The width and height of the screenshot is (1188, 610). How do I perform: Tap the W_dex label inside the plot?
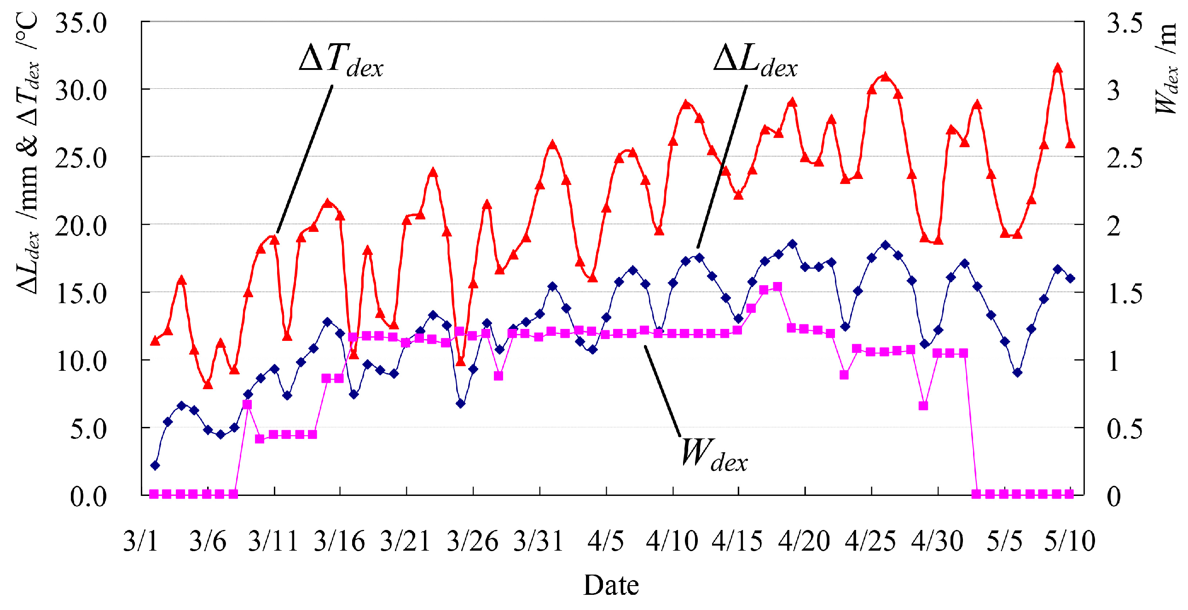coord(713,455)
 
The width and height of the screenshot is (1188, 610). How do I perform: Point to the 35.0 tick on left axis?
coord(81,22)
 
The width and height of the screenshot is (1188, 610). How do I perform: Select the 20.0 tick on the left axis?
coord(81,225)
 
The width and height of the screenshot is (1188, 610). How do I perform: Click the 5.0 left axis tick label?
coord(88,429)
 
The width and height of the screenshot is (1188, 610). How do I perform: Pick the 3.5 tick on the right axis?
coord(1124,22)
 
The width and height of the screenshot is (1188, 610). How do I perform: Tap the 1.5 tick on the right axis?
coord(1124,293)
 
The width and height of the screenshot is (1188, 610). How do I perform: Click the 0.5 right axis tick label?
coord(1124,429)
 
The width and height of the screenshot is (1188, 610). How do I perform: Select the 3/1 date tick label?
coord(141,541)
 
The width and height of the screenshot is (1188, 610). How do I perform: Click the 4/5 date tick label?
coord(606,541)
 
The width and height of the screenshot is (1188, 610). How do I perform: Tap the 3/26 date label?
coord(473,541)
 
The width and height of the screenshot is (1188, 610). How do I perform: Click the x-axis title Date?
coord(611,585)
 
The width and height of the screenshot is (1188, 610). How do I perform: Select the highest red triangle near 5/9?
coord(1058,68)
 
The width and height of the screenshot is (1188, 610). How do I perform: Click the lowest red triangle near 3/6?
coord(208,384)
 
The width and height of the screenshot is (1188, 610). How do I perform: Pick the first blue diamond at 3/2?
coord(155,465)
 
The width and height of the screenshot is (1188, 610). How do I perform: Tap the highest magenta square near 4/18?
coord(777,287)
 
